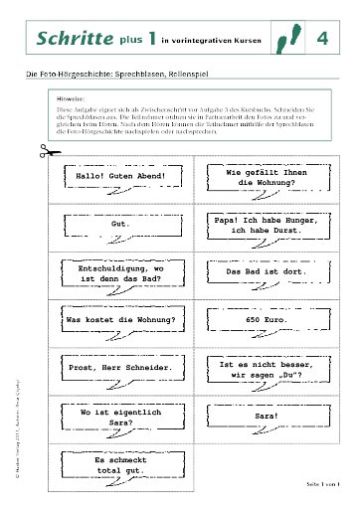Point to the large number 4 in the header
coord(323,39)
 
